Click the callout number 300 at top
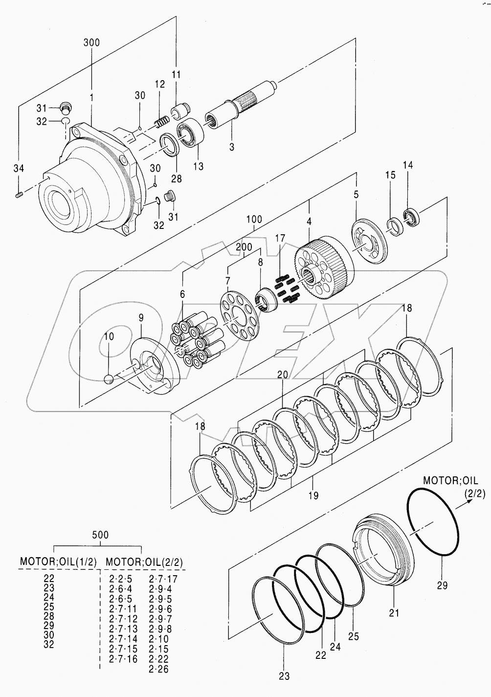(x=91, y=43)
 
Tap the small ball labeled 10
(x=110, y=379)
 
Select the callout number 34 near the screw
(x=18, y=169)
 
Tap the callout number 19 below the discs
(x=313, y=495)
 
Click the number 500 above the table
(x=101, y=535)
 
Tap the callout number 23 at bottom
(x=284, y=676)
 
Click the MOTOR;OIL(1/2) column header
(x=58, y=561)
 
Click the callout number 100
(x=254, y=220)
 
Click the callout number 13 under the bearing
(x=198, y=166)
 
